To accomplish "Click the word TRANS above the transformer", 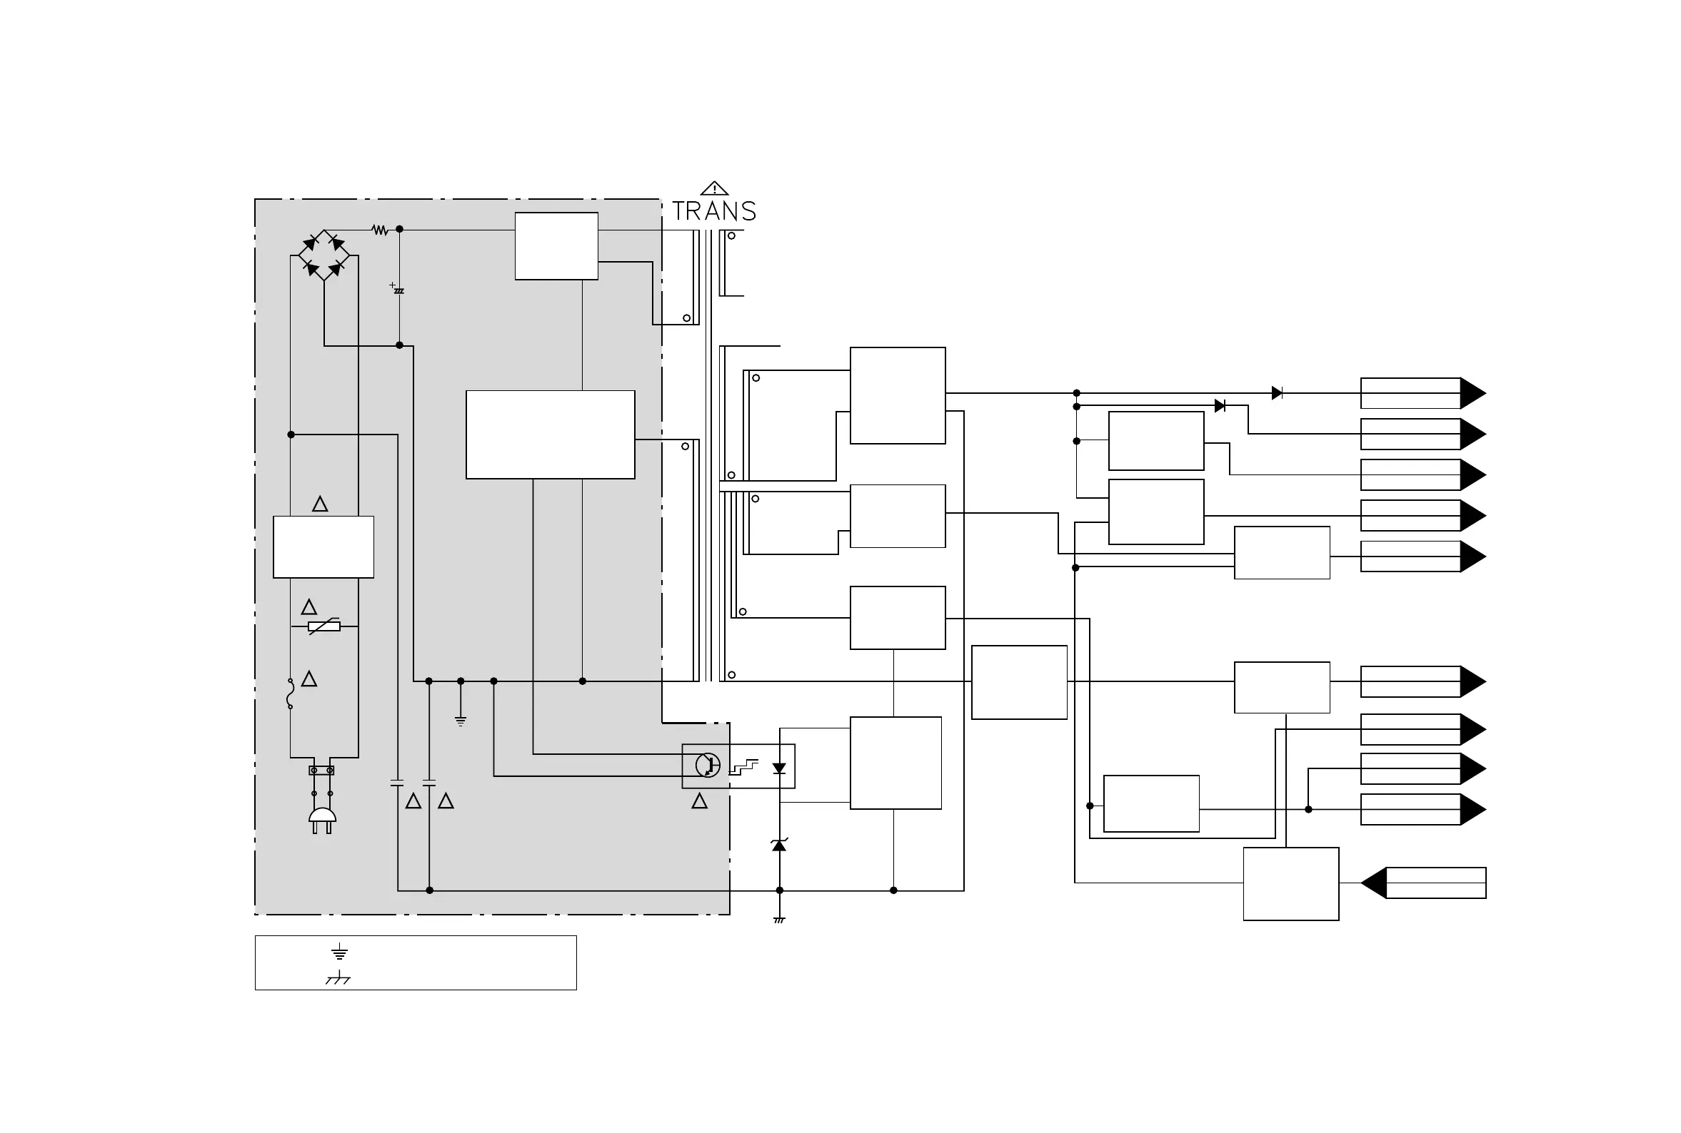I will (x=713, y=211).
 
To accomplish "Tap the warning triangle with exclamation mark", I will (x=714, y=188).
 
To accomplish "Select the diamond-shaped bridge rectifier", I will (x=324, y=255).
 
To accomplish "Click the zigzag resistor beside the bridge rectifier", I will (x=381, y=230).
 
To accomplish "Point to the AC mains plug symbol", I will (x=323, y=818).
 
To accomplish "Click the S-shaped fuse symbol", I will (x=290, y=693).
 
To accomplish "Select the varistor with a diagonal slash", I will (x=324, y=626).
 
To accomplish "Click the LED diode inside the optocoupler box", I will (x=778, y=768).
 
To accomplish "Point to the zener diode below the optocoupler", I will (x=778, y=845).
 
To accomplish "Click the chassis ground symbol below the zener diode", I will (x=778, y=920).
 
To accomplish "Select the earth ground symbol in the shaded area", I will (x=461, y=721).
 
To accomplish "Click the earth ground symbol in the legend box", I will (x=339, y=952).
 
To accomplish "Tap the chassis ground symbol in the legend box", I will (x=338, y=978).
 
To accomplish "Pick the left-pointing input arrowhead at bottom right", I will (x=1374, y=883).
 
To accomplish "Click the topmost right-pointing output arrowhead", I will (x=1472, y=393).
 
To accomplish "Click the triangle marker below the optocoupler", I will (x=699, y=801).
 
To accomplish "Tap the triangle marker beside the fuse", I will (x=308, y=679).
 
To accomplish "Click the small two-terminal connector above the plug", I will (x=322, y=771).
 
